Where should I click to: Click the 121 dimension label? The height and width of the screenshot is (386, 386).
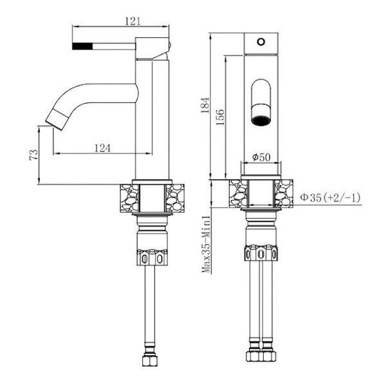[133, 21]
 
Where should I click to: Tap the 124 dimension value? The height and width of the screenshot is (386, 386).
[102, 148]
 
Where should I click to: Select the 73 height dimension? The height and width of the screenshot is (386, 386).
[34, 154]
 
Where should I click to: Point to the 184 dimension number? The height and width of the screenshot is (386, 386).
[205, 105]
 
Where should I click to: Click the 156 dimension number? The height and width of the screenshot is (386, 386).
[220, 117]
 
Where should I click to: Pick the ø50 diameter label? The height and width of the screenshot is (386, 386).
[261, 157]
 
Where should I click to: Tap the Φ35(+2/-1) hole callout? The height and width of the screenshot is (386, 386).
[330, 198]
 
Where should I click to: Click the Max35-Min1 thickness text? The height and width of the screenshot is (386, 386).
[207, 244]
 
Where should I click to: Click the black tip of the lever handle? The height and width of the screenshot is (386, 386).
[82, 46]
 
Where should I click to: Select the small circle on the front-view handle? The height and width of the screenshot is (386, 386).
[261, 42]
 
